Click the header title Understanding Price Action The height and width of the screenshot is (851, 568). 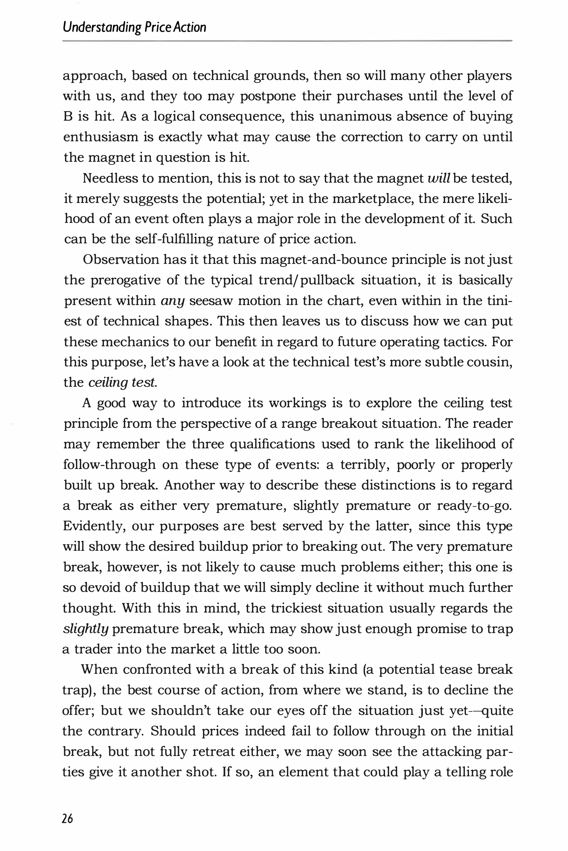pos(135,27)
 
